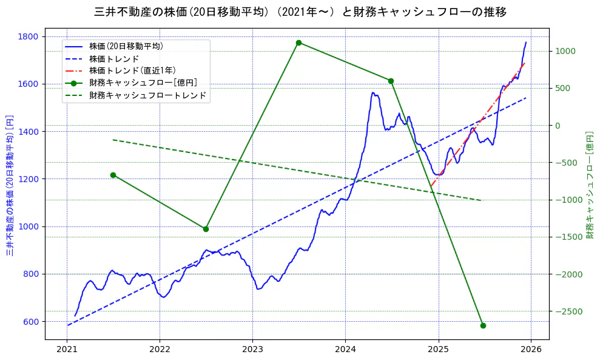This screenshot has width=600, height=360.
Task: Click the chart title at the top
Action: pos(300,12)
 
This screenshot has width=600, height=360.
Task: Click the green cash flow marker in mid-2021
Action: pos(113,175)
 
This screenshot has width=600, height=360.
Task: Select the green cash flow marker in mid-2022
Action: pos(206,229)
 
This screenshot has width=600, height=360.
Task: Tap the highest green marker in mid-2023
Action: pos(298,42)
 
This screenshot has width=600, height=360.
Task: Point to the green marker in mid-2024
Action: pos(391,81)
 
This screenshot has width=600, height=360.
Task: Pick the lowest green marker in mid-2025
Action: pos(483,325)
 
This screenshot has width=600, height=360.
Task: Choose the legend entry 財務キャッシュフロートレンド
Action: pos(147,95)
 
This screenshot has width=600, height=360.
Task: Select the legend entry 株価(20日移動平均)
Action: pos(126,46)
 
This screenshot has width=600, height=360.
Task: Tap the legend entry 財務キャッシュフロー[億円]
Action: pos(143,83)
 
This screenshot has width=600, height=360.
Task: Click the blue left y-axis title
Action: pos(10,185)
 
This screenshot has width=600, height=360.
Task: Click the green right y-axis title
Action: pos(590,185)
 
